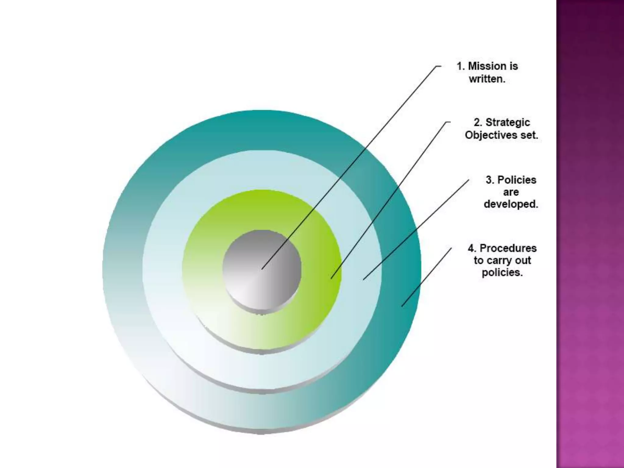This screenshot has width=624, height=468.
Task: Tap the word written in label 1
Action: tap(487, 79)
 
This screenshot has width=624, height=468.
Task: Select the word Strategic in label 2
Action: tap(508, 122)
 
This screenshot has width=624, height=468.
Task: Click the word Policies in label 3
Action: tap(517, 180)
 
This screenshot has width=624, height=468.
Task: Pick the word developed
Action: tap(511, 204)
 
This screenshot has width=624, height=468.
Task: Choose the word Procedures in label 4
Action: tap(508, 248)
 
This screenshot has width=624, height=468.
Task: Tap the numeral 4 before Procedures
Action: tap(472, 248)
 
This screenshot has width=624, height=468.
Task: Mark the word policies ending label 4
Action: tap(502, 272)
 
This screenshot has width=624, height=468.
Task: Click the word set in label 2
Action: tap(529, 135)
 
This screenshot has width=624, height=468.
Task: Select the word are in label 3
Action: tap(511, 192)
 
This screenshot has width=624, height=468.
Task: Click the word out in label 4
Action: tap(523, 261)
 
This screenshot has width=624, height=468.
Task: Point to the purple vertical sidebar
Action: tap(590, 234)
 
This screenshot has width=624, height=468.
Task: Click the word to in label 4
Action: tap(478, 261)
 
